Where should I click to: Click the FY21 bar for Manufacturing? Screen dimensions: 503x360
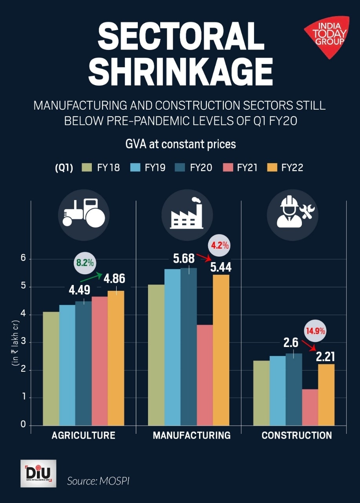pyautogui.click(x=205, y=375)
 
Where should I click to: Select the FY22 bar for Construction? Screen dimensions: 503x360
pyautogui.click(x=326, y=395)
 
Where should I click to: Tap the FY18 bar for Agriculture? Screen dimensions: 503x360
pyautogui.click(x=51, y=368)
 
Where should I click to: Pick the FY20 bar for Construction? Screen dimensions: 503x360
pyautogui.click(x=294, y=389)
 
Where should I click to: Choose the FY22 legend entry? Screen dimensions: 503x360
pyautogui.click(x=285, y=168)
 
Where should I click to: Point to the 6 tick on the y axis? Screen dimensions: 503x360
pyautogui.click(x=23, y=259)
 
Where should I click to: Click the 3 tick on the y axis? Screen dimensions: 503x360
pyautogui.click(x=23, y=342)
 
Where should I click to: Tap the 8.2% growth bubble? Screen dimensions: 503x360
pyautogui.click(x=85, y=263)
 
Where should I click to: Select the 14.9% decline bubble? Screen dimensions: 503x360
pyautogui.click(x=313, y=331)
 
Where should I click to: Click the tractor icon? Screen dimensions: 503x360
pyautogui.click(x=84, y=214)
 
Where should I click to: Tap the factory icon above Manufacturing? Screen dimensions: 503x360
pyautogui.click(x=187, y=214)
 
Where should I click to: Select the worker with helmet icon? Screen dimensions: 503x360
pyautogui.click(x=292, y=214)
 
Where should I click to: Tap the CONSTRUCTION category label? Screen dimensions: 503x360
pyautogui.click(x=296, y=435)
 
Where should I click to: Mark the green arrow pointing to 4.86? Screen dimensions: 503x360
pyautogui.click(x=91, y=276)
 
